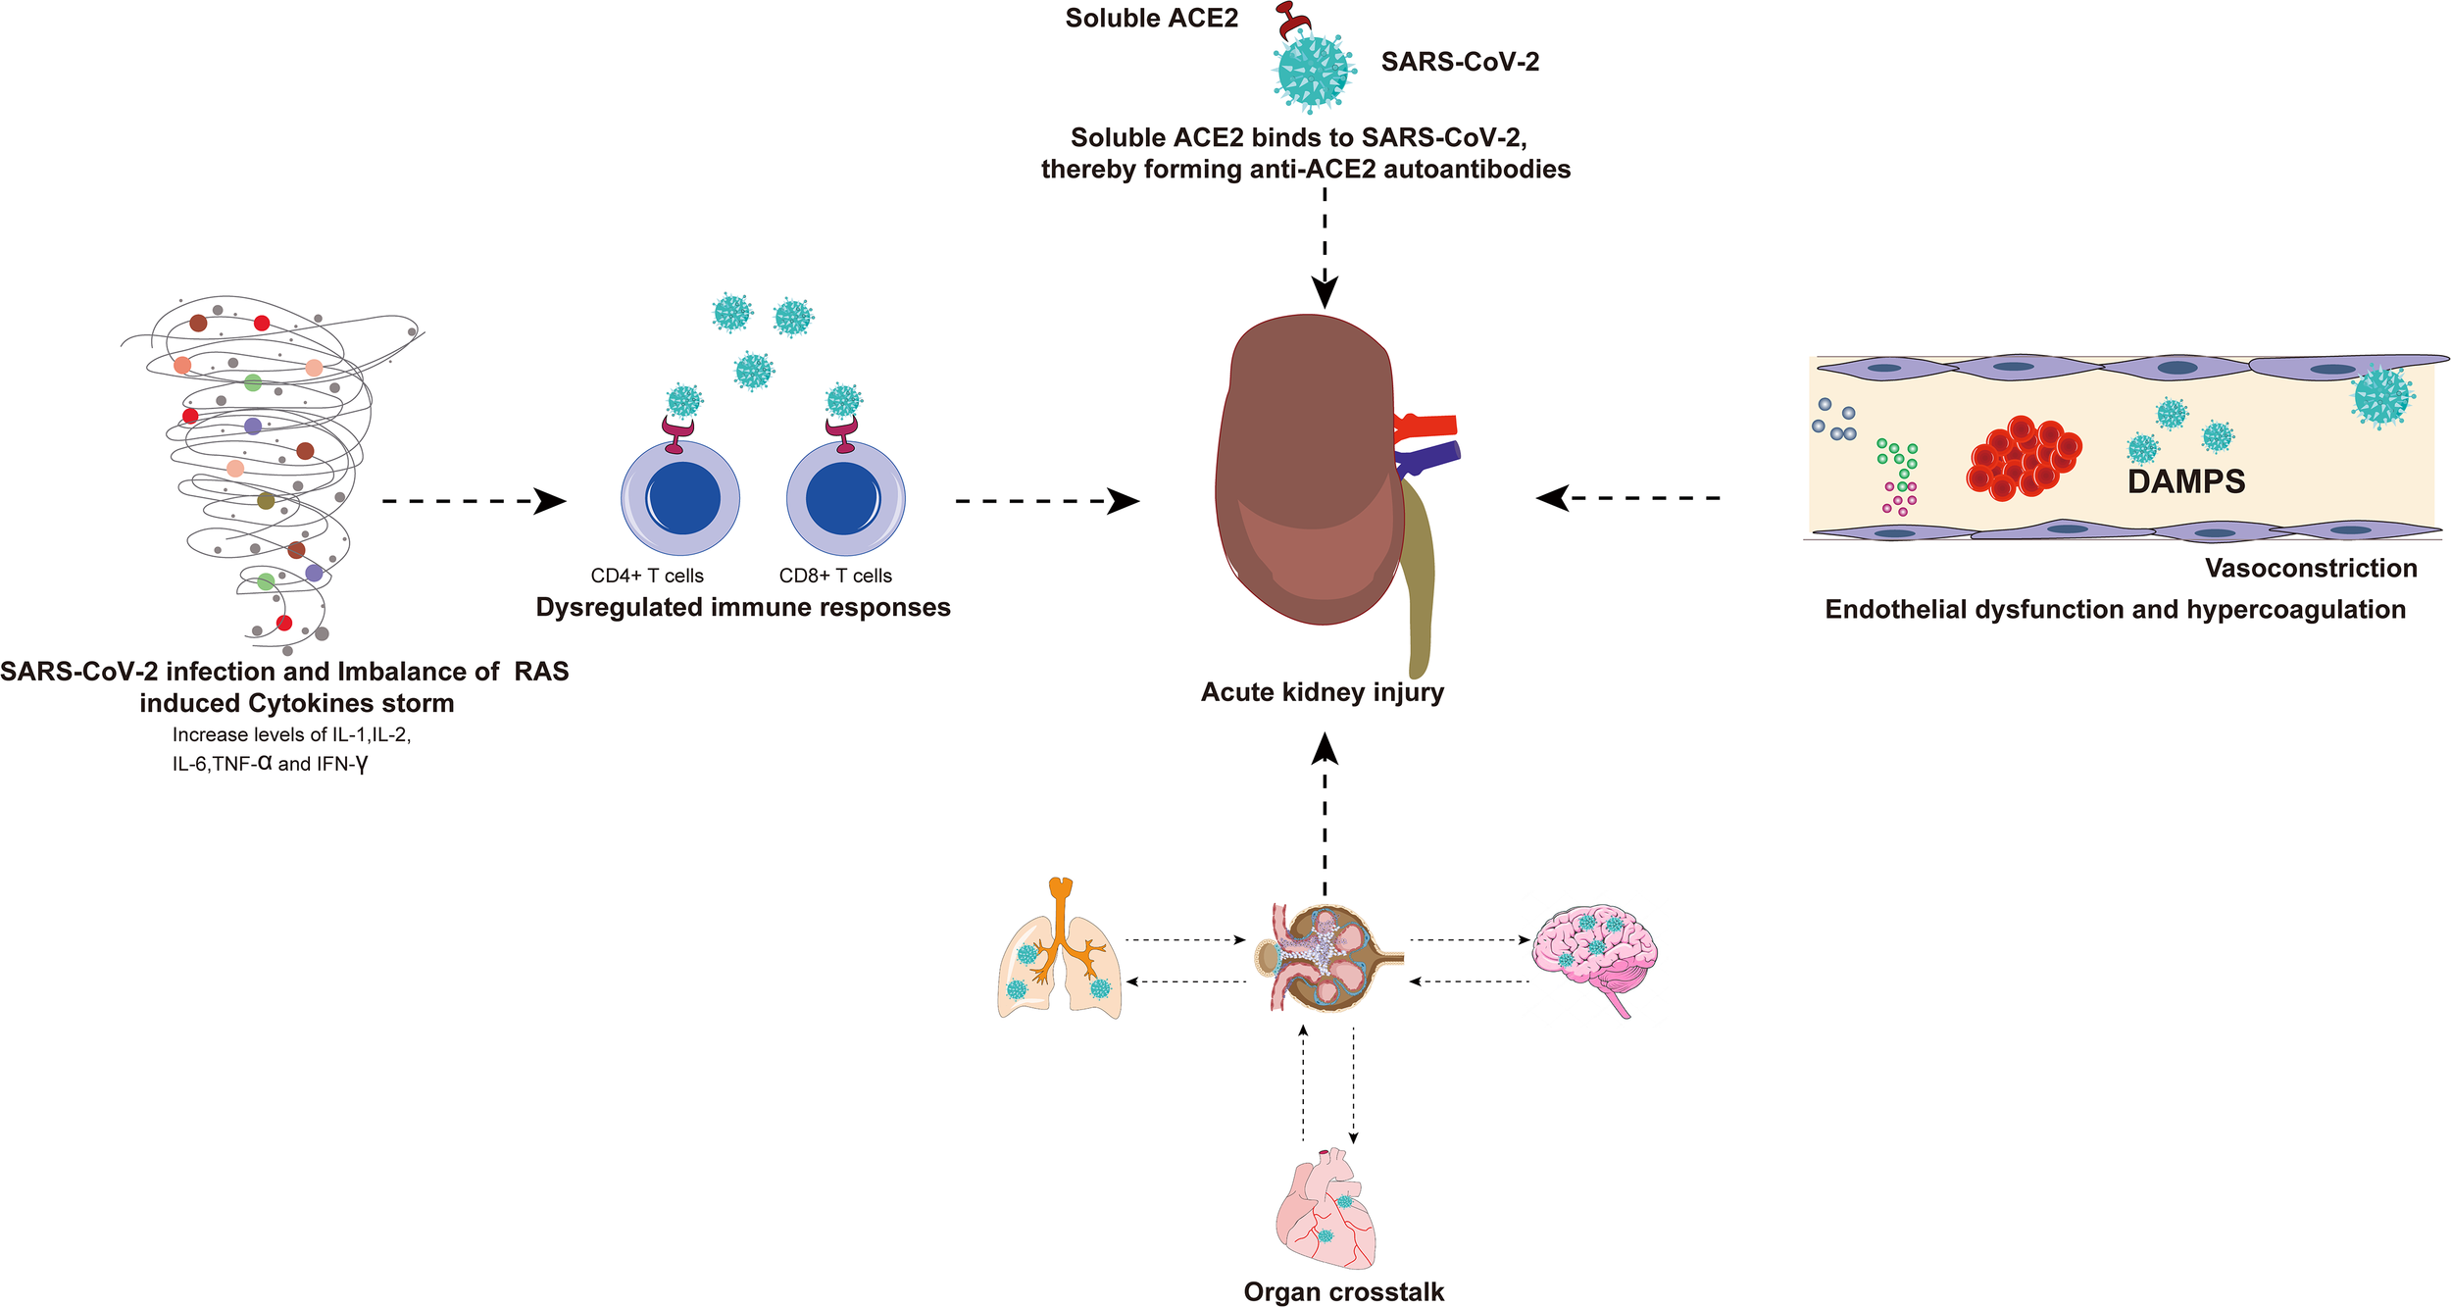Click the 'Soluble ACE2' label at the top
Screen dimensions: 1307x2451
pyautogui.click(x=1151, y=19)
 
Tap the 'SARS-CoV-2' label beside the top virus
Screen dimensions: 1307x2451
pyautogui.click(x=1460, y=62)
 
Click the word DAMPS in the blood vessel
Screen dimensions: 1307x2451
pyautogui.click(x=2185, y=481)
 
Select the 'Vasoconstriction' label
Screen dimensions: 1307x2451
pyautogui.click(x=2310, y=568)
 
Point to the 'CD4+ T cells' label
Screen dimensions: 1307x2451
pyautogui.click(x=647, y=576)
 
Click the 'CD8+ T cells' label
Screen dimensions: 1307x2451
pyautogui.click(x=835, y=576)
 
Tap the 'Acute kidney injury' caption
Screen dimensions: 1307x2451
pyautogui.click(x=1322, y=692)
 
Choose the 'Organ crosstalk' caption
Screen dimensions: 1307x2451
pyautogui.click(x=1343, y=1291)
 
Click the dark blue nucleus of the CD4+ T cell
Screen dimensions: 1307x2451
pyautogui.click(x=680, y=498)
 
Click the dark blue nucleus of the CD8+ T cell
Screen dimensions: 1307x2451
pyautogui.click(x=843, y=498)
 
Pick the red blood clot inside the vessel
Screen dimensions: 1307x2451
pyautogui.click(x=2023, y=458)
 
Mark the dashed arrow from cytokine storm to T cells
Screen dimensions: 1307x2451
pyautogui.click(x=474, y=501)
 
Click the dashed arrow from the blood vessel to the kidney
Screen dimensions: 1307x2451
pyautogui.click(x=1627, y=498)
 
